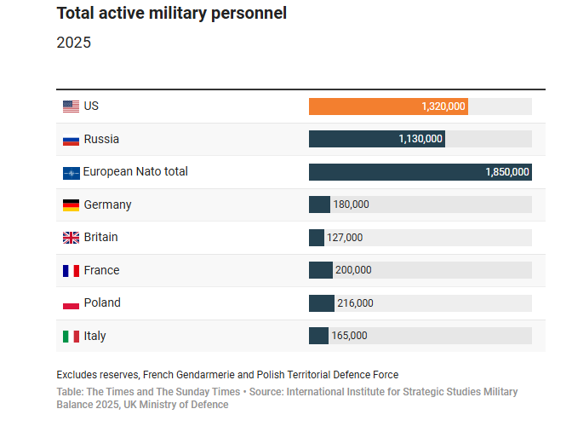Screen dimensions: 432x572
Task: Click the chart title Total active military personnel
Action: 171,13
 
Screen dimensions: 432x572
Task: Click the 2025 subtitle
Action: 73,43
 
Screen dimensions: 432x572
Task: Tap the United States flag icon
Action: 71,107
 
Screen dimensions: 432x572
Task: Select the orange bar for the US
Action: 388,107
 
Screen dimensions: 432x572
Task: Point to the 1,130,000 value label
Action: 420,139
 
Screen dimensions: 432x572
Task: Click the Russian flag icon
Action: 71,140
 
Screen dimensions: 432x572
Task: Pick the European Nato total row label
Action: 135,171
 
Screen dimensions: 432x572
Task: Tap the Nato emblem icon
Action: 71,173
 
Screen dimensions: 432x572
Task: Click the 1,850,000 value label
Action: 507,172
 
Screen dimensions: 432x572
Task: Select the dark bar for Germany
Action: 319,204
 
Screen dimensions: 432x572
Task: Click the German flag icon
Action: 71,205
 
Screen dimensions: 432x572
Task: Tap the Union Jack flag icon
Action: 71,238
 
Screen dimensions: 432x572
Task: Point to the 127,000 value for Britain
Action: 345,238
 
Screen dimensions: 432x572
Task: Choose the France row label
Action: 101,270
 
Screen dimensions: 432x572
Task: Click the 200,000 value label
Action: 353,270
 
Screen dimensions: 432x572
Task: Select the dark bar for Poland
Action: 322,302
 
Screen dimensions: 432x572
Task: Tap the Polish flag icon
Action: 71,303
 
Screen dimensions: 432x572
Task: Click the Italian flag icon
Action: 71,336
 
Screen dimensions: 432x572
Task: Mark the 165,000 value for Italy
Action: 349,336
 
